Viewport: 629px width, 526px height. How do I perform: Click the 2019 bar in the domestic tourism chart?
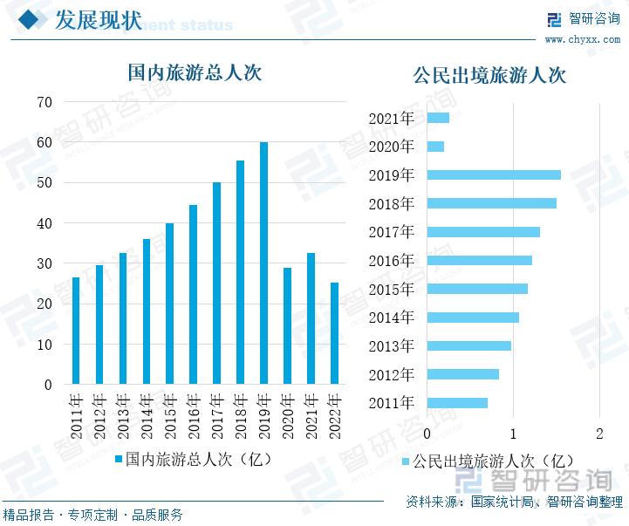point(263,263)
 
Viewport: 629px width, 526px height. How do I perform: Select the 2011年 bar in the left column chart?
point(76,331)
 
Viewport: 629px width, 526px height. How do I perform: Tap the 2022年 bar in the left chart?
point(334,333)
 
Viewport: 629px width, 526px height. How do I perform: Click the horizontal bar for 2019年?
point(494,174)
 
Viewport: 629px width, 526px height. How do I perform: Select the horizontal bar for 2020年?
point(435,147)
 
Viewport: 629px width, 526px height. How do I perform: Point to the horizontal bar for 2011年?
point(457,403)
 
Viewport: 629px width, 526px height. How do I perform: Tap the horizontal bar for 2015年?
point(477,289)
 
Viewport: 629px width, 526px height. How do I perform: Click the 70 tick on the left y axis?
point(44,102)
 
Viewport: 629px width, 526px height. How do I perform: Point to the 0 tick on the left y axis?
point(49,385)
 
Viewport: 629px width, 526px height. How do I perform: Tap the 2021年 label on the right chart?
point(391,119)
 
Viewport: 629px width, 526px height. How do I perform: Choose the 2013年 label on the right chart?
point(391,346)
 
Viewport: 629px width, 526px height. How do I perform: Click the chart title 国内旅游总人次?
point(195,72)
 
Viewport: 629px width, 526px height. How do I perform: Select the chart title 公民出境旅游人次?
point(489,75)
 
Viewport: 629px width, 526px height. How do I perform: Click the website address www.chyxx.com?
point(583,40)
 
